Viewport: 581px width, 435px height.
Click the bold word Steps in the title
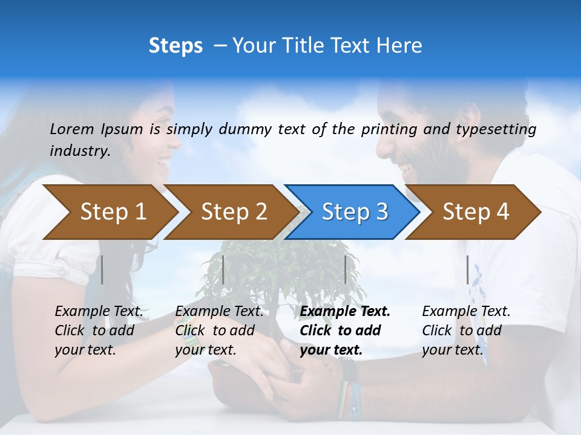[x=176, y=46]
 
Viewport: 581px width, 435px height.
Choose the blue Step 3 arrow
[x=355, y=212]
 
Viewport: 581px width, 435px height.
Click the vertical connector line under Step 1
[x=102, y=269]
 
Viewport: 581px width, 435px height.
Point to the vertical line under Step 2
[x=223, y=269]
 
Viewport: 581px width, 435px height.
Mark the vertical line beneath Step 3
[x=346, y=269]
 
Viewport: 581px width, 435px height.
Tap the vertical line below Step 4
[x=467, y=269]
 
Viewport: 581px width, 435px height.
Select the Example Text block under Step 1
[x=99, y=330]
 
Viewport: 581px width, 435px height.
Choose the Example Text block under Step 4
[x=466, y=330]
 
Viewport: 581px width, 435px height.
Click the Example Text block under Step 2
[x=219, y=330]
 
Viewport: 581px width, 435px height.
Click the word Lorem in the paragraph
[x=72, y=129]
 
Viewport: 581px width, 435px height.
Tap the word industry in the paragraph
[x=79, y=151]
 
